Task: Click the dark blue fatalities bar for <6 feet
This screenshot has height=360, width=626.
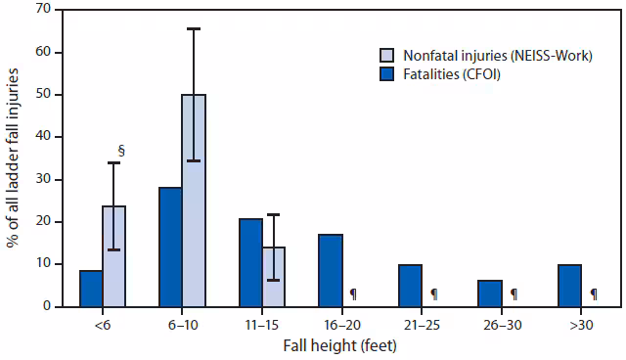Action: pos(91,289)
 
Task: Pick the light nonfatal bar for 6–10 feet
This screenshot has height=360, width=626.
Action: pos(194,201)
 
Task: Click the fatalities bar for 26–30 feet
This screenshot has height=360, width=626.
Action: pos(490,293)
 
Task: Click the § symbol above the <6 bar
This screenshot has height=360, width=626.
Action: pos(121,151)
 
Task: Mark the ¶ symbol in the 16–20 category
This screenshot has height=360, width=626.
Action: pos(353,293)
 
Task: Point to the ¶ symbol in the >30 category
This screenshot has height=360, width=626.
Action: pos(593,293)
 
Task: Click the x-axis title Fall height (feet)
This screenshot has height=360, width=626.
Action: pos(341,344)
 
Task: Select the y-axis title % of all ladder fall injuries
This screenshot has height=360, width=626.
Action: pos(13,157)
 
